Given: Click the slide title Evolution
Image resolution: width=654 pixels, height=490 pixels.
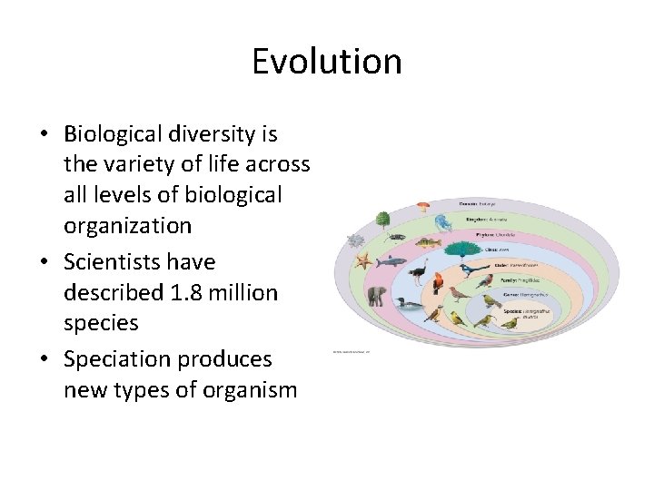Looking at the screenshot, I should [x=326, y=62].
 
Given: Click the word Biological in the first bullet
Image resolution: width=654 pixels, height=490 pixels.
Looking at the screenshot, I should [x=114, y=134].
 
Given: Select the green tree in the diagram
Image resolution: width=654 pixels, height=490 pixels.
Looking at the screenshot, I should [x=382, y=220].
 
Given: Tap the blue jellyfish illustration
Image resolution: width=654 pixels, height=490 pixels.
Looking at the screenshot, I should [x=442, y=222].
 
